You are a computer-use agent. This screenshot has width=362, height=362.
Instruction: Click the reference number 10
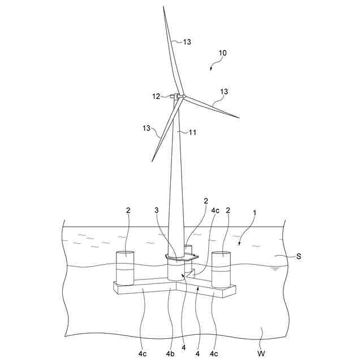223,53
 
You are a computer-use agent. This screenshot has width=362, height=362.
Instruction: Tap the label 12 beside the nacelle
156,96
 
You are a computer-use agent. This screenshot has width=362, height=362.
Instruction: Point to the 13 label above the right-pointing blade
224,92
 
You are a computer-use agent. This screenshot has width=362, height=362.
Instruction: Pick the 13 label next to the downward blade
146,128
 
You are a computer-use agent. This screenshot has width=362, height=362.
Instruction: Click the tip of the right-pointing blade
239,118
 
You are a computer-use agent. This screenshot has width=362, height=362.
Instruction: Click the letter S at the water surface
299,256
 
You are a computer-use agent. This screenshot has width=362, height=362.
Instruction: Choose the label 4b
170,354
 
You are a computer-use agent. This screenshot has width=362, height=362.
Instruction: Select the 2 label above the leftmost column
128,210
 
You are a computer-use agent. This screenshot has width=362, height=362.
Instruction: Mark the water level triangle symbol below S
275,268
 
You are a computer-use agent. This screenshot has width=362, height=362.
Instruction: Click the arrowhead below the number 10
212,69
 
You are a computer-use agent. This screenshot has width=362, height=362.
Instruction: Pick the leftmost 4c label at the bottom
143,354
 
